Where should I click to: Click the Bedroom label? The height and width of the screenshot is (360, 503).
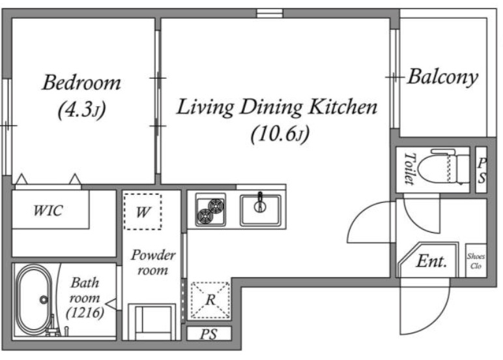81,83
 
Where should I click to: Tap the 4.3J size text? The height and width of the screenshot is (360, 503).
81,110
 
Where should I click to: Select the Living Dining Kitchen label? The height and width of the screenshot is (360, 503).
277,107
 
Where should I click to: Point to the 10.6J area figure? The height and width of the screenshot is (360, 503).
280,133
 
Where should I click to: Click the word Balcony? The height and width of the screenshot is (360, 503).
442,77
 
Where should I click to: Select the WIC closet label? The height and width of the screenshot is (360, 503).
48,211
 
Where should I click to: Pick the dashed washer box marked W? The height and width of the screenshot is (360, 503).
143,211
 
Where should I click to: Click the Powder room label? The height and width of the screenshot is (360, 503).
152,262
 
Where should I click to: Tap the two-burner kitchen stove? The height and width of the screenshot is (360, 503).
210,209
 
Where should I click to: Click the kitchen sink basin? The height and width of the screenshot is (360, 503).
261,210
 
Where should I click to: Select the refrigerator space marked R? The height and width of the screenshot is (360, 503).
210,300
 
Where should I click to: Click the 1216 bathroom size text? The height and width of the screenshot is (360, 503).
85,312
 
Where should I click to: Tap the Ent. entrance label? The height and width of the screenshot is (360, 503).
431,261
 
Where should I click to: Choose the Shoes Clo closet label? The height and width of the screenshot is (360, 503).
476,261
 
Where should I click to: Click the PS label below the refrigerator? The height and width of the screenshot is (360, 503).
208,334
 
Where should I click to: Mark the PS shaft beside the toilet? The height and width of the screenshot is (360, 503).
481,170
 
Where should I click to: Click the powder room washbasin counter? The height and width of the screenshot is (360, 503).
152,322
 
